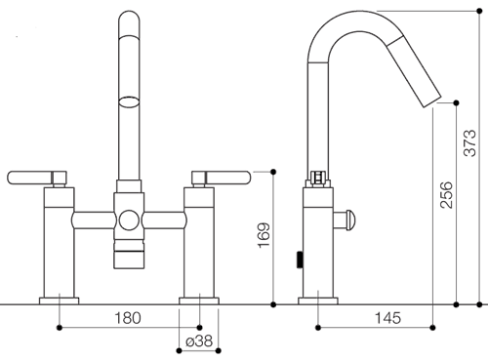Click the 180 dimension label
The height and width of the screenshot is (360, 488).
tap(128, 318)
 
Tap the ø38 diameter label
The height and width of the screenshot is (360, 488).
tap(199, 341)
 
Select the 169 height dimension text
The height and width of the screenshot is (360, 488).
tap(264, 235)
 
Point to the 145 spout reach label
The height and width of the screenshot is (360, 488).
tap(388, 318)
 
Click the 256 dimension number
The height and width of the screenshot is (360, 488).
tap(446, 195)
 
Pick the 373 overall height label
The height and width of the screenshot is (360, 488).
tap(469, 143)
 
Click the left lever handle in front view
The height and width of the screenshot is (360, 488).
tap(37, 178)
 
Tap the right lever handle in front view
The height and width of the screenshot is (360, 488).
tap(222, 178)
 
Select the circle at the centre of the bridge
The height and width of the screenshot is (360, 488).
tap(129, 220)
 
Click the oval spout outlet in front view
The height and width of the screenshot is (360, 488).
tap(129, 101)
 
